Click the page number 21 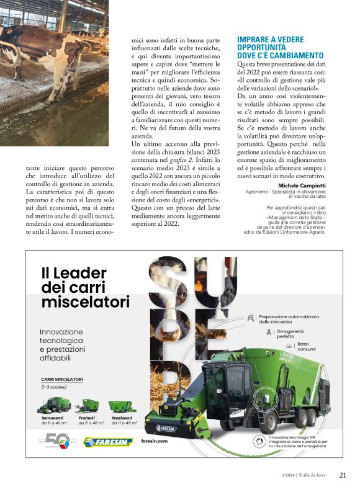[343, 475]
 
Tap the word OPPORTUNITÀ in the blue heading [261, 47]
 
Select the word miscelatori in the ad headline [85, 302]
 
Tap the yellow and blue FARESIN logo [109, 442]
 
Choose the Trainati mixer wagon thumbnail [87, 406]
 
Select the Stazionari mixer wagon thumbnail [122, 406]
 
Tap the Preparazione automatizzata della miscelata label [288, 319]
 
